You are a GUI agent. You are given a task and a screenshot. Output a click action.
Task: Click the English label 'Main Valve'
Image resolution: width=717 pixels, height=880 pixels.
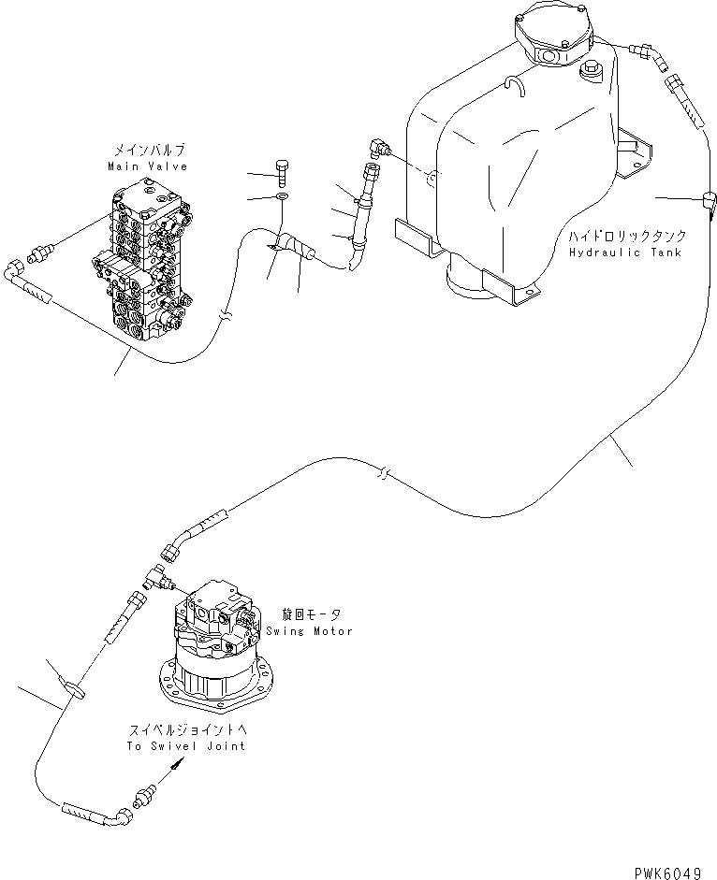click(x=148, y=166)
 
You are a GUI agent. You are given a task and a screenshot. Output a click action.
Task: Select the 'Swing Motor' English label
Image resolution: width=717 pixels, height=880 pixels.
click(x=320, y=631)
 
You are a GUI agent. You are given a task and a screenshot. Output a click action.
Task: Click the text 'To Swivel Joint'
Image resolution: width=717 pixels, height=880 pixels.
click(x=185, y=745)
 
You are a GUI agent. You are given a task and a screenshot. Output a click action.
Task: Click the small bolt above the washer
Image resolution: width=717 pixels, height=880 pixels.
click(x=283, y=172)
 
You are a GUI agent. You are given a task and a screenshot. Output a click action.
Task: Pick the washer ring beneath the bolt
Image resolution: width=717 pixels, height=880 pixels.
click(x=283, y=196)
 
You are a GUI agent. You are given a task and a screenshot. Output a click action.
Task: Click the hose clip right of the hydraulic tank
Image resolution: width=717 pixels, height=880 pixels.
click(x=710, y=198)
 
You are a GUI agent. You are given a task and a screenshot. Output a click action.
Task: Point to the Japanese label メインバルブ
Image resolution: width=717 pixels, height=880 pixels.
click(x=148, y=150)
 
